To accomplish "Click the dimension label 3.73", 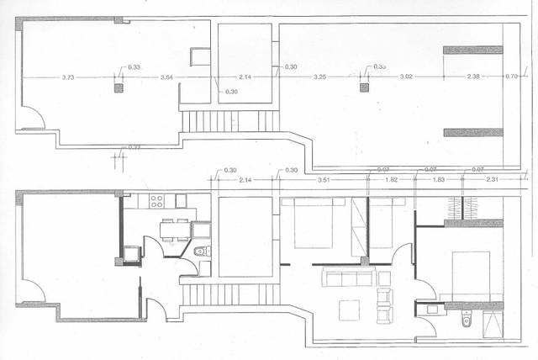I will coord(68,77).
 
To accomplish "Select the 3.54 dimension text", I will coord(166,77).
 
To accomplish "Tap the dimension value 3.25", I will coord(319,77).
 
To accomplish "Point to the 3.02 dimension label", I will coord(405,77).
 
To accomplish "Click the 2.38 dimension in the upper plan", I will coord(473,77).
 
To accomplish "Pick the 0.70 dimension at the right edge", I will coord(512,77).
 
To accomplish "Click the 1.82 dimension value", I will coord(392,180).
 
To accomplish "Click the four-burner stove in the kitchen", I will coord(156,201).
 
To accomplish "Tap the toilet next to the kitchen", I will coord(200,251).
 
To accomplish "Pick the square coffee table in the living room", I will coord(350,310).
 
